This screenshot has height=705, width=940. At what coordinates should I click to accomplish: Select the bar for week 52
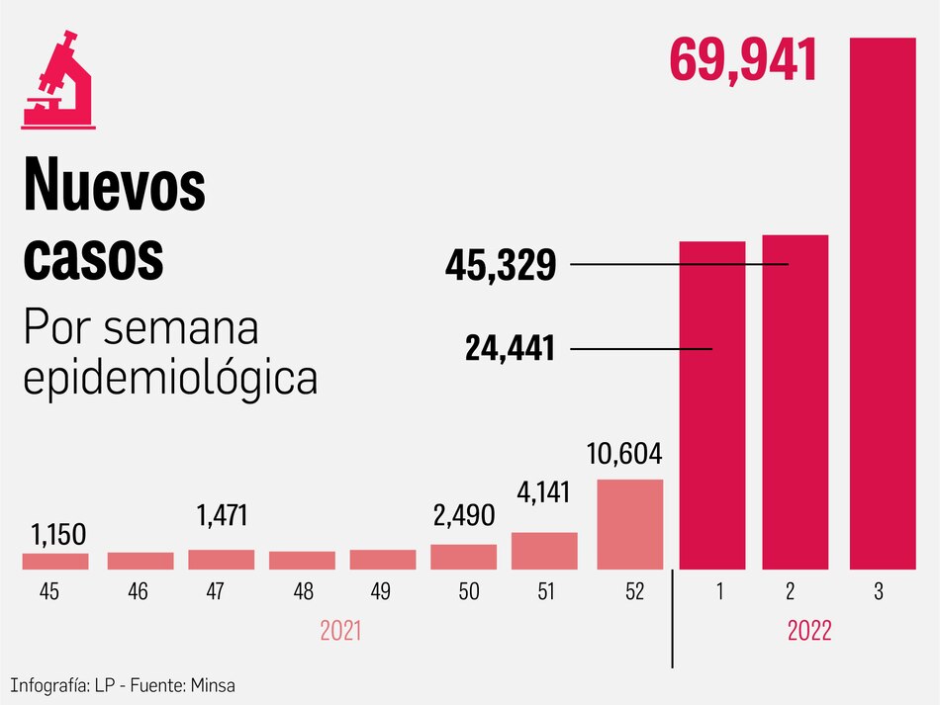point(629,524)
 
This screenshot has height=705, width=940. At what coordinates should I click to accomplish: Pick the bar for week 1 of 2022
point(711,405)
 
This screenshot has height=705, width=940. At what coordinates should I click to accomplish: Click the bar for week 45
point(55,561)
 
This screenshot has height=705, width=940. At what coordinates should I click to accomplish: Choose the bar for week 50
point(464,557)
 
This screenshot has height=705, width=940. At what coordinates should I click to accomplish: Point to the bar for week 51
point(544,551)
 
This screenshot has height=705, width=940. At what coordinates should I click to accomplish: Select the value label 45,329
point(500,265)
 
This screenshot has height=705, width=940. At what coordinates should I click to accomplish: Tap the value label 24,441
point(510,348)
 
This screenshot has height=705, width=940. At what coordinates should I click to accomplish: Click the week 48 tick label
point(304,592)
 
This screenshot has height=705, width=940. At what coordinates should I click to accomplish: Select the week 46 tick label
point(139,592)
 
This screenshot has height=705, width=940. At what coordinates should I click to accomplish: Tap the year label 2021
point(341,631)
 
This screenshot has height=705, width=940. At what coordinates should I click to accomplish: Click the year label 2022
point(809,631)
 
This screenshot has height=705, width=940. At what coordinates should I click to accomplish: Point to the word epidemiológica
point(170,377)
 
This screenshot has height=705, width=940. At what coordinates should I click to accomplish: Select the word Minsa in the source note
point(213,684)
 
